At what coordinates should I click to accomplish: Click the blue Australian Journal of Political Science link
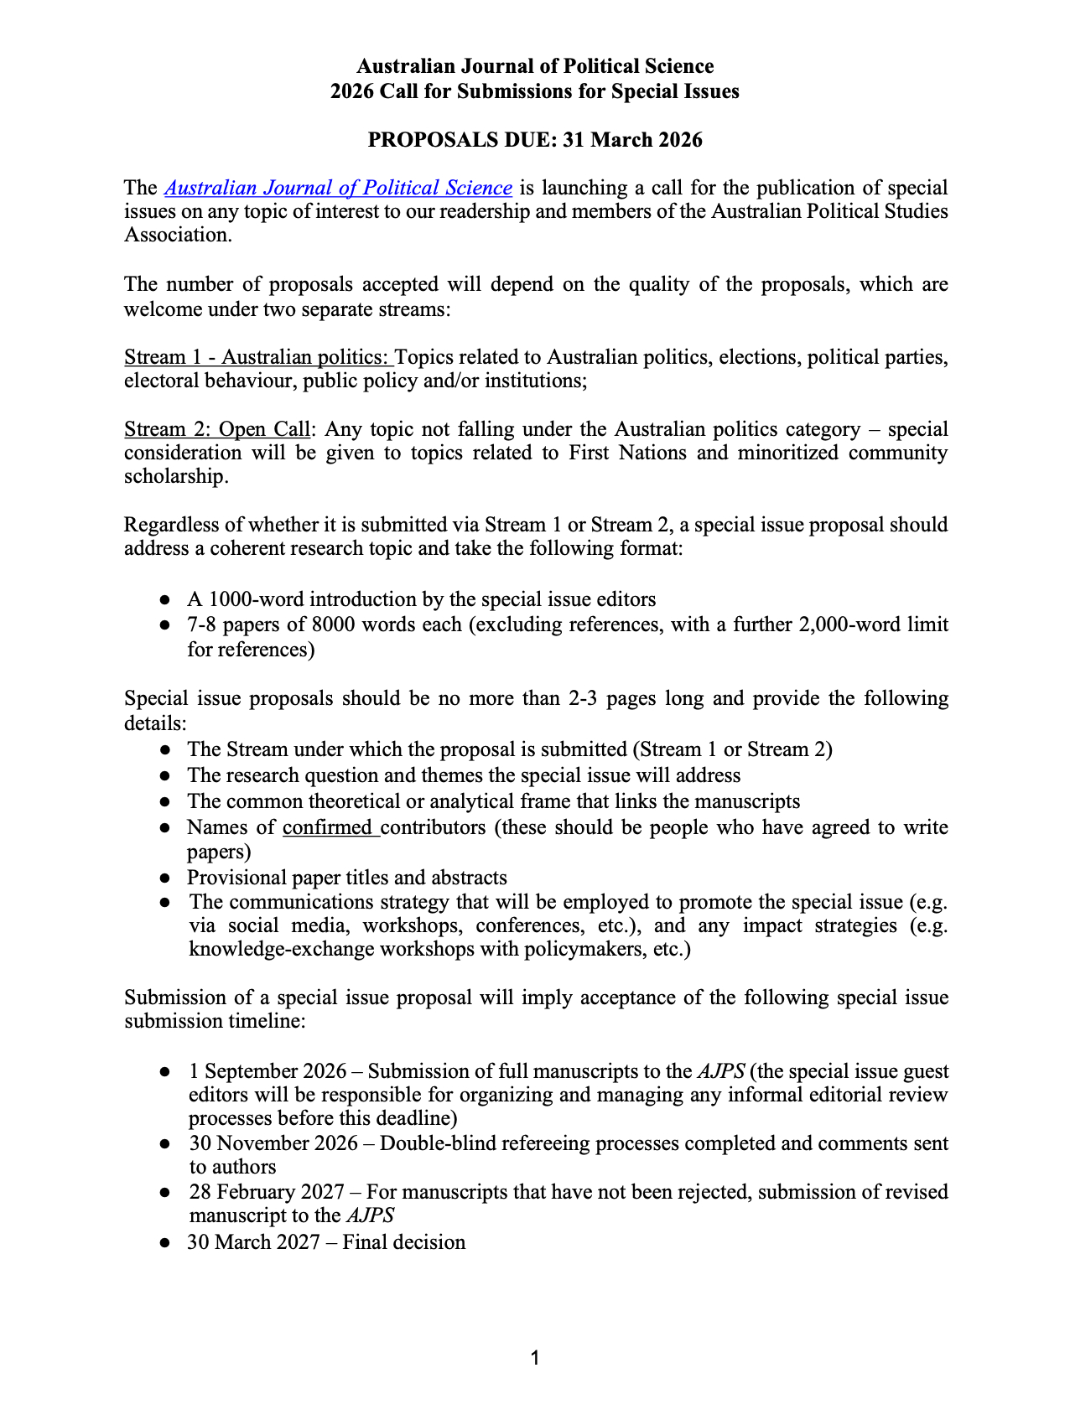pyautogui.click(x=338, y=188)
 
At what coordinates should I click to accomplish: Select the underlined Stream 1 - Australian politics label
pyautogui.click(x=258, y=358)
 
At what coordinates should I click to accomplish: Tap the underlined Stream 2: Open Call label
pyautogui.click(x=217, y=430)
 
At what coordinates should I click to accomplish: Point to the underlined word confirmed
pyautogui.click(x=330, y=828)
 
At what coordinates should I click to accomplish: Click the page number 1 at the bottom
pyautogui.click(x=535, y=1358)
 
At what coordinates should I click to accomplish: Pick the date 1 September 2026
pyautogui.click(x=267, y=1071)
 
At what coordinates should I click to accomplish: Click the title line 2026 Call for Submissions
pyautogui.click(x=534, y=91)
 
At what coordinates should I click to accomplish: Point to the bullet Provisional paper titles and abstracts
pyautogui.click(x=346, y=878)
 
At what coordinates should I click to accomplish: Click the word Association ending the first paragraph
pyautogui.click(x=175, y=236)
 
